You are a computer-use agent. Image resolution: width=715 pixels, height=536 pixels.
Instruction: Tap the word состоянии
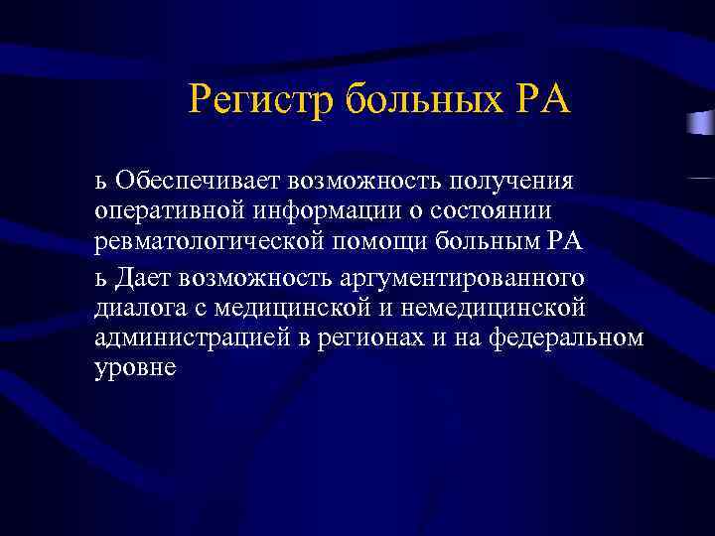(x=501, y=211)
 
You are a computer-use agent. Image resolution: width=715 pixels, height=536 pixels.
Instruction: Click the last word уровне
(x=135, y=369)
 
